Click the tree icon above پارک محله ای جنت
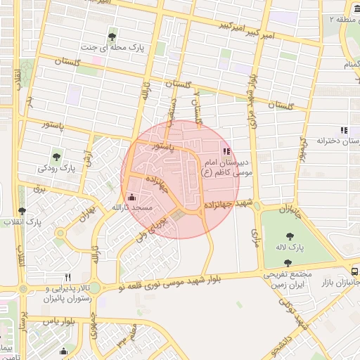point(112,37)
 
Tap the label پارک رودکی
point(56,169)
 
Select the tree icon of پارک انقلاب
point(22,210)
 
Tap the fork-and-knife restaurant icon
point(68,277)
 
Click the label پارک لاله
point(288,248)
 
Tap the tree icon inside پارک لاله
point(288,237)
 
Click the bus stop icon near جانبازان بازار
point(354,271)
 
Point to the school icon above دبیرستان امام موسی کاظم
point(226,150)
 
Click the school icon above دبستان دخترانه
point(343,130)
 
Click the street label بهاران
point(86,212)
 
